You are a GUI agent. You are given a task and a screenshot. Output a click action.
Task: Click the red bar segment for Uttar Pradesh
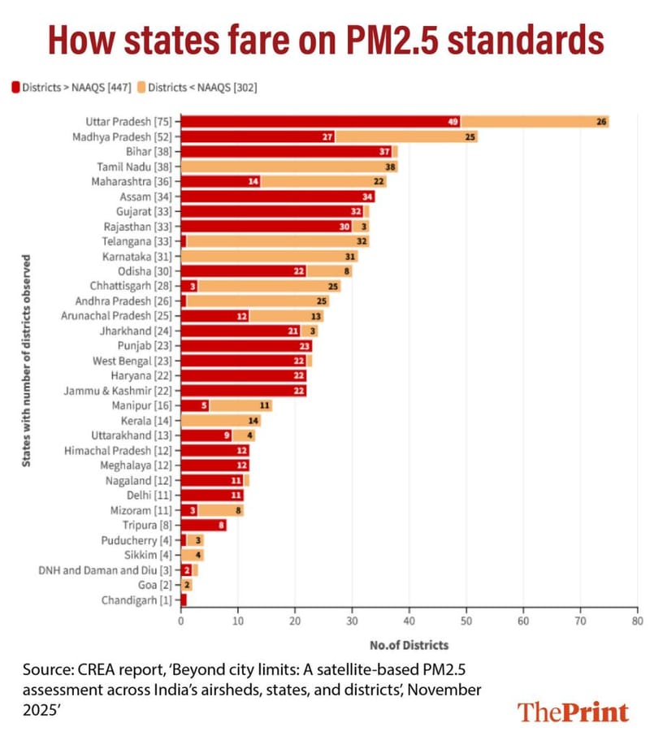click(x=320, y=122)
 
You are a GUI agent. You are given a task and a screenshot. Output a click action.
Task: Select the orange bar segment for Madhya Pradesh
click(x=406, y=136)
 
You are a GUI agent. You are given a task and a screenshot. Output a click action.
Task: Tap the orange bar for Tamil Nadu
click(x=288, y=166)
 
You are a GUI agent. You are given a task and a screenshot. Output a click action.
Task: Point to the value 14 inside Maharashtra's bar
click(x=253, y=181)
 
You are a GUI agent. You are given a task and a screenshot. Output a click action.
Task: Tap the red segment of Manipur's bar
click(x=194, y=405)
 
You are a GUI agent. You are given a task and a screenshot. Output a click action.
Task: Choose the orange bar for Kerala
click(x=220, y=420)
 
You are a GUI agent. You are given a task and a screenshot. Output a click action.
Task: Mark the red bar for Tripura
click(x=203, y=525)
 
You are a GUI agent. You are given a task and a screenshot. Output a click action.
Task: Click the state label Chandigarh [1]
click(x=136, y=599)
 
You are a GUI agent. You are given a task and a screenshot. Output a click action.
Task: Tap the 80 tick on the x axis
click(x=637, y=621)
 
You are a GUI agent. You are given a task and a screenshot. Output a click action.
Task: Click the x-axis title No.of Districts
click(x=409, y=646)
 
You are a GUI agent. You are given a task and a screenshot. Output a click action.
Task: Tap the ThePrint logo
click(x=573, y=712)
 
